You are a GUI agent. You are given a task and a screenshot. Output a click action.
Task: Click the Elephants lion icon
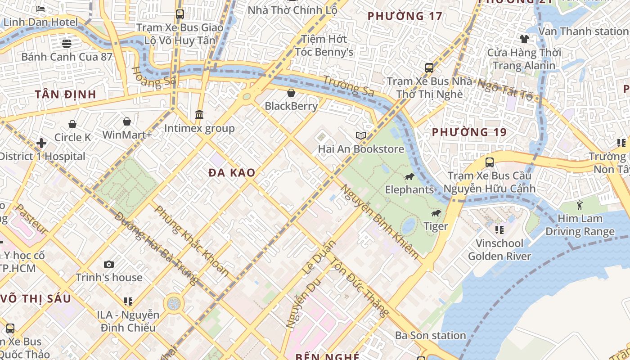[x=409, y=176]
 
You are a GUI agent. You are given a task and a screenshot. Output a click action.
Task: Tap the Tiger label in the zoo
[x=436, y=226]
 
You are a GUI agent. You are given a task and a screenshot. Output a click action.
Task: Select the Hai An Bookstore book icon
[x=360, y=135]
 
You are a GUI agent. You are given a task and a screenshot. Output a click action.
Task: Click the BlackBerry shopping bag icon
[x=291, y=93]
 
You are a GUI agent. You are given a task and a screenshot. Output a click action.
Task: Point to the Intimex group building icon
[x=199, y=115]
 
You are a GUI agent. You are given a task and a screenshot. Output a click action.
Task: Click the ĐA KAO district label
[x=232, y=172]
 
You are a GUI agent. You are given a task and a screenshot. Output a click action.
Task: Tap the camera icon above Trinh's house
[x=108, y=264]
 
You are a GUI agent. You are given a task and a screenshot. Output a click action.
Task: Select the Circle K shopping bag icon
[x=72, y=124]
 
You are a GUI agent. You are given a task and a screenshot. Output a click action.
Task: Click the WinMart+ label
[x=127, y=135]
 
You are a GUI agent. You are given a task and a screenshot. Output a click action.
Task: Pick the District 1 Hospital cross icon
[x=41, y=143]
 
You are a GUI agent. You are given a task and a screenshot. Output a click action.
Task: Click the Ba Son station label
[x=430, y=335]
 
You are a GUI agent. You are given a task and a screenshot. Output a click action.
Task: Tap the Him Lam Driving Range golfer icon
[x=579, y=205]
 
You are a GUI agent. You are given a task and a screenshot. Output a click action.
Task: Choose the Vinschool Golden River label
[x=499, y=250]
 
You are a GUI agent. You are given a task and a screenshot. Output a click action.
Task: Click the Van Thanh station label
[x=582, y=31]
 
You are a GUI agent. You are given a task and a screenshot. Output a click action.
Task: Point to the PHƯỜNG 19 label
[x=469, y=132]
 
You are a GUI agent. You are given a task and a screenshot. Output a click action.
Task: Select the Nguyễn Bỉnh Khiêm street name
[x=379, y=221]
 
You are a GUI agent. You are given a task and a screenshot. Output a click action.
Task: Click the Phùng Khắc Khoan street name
[x=191, y=241]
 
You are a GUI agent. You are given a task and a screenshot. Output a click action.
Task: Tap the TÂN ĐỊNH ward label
[x=66, y=94]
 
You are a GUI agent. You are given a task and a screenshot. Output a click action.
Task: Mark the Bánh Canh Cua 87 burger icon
[x=67, y=43]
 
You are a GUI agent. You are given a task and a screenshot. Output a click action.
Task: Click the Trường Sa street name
[x=349, y=85]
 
